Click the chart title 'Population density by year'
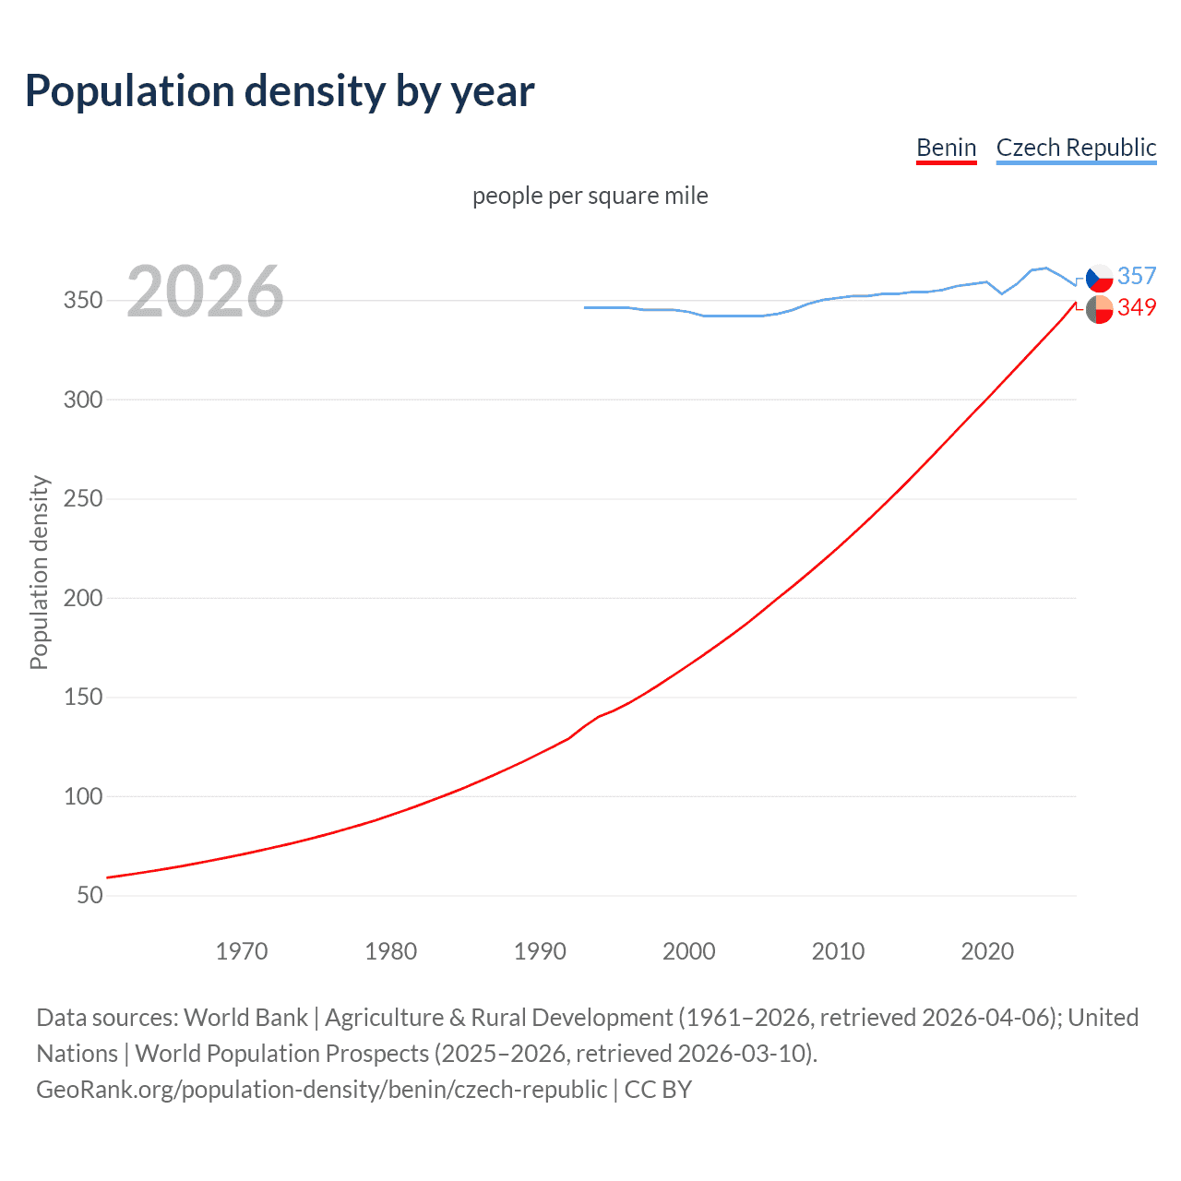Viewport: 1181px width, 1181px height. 280,91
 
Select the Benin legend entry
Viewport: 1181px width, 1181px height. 946,148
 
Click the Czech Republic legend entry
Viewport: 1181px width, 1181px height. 1076,148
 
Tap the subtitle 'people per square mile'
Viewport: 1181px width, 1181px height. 590,197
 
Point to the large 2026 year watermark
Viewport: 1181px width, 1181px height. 205,292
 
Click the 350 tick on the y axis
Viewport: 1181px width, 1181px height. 83,301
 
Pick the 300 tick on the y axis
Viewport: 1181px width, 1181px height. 83,400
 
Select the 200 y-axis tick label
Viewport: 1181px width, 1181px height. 83,598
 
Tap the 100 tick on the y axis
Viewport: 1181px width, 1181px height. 83,796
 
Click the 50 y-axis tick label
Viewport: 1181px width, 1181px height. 89,895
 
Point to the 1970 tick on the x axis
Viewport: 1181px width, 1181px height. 242,951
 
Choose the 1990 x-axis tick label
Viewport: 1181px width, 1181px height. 540,951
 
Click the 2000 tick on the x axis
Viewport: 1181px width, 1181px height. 689,951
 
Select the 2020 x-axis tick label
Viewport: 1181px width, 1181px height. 987,951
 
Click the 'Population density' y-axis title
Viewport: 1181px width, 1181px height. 39,572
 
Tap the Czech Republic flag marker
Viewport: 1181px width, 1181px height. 1099,278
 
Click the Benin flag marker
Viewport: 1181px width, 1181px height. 1099,309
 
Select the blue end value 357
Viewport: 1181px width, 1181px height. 1137,276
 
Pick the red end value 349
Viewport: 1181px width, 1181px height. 1137,307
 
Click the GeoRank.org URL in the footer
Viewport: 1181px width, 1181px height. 321,1090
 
